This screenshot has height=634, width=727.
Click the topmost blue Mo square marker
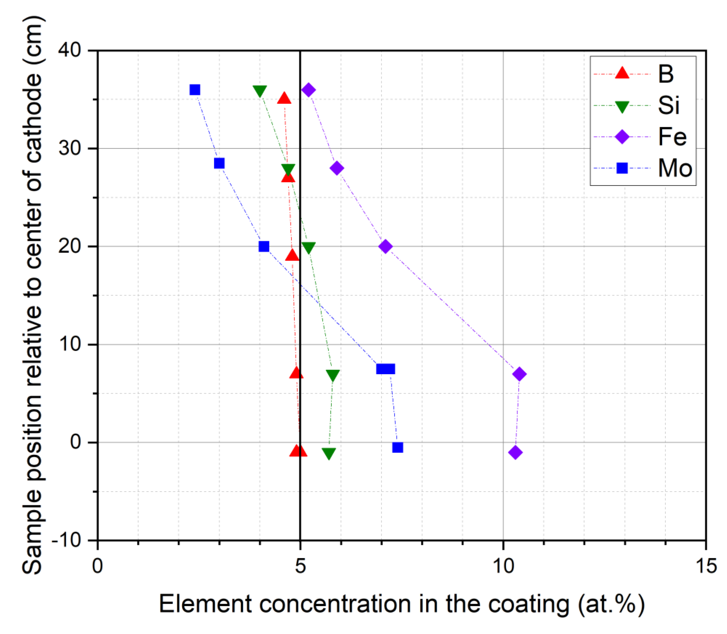[195, 90]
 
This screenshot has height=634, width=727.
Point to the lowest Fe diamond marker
[516, 452]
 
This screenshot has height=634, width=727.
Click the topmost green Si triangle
[260, 91]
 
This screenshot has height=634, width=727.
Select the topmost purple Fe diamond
[308, 90]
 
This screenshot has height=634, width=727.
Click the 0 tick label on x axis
[97, 566]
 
